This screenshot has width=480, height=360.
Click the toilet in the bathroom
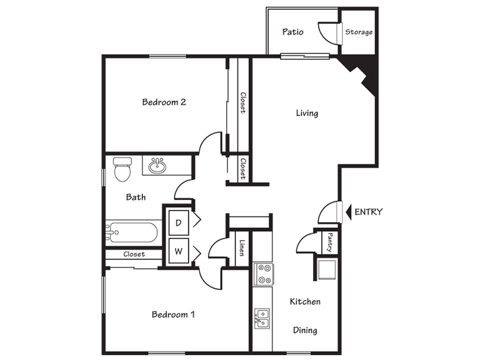[x=122, y=169]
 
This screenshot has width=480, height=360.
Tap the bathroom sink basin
[x=157, y=166]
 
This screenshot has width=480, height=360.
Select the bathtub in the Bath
[x=133, y=233]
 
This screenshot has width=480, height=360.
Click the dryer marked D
[x=179, y=223]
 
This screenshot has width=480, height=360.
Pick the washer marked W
[x=179, y=251]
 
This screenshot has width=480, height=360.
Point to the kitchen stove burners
[x=263, y=274]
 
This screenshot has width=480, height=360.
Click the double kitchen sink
[x=262, y=319]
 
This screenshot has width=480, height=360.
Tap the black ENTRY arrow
[x=349, y=212]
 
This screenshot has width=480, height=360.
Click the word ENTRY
[x=368, y=212]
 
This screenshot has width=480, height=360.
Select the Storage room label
[x=359, y=32]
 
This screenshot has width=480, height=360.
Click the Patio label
[x=293, y=32]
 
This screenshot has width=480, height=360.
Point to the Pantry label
[x=330, y=242]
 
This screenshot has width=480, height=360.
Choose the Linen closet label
[x=242, y=248]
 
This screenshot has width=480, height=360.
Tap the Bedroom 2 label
[x=164, y=102]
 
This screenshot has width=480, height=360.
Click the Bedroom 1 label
[x=173, y=314]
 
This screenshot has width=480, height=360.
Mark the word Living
[x=307, y=113]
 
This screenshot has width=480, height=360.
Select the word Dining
[x=305, y=331]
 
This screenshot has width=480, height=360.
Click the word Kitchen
[x=305, y=302]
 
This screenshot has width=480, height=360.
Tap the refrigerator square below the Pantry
[x=327, y=269]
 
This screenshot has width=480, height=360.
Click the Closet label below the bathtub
[x=134, y=254]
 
